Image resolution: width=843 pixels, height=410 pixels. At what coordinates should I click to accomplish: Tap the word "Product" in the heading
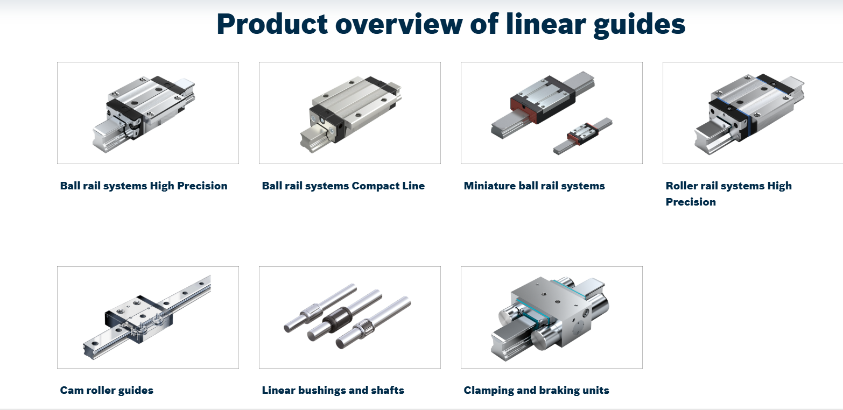coord(272,24)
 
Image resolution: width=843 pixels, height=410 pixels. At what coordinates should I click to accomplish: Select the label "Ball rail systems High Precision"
coord(144,186)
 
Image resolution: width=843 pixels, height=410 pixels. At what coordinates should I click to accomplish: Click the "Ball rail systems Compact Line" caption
coord(343,186)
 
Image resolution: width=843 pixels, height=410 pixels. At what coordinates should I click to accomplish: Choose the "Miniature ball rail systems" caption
coord(535,186)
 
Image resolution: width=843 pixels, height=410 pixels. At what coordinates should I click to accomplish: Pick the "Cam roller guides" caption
coord(107,391)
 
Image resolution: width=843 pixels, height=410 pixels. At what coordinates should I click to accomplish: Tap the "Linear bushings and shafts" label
coord(333,391)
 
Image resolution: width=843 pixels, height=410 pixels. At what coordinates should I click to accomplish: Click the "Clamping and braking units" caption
coord(537,391)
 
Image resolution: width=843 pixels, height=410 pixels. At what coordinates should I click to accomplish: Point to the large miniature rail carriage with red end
coord(543,100)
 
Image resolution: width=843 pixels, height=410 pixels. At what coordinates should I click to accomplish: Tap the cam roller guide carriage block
coord(138,319)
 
